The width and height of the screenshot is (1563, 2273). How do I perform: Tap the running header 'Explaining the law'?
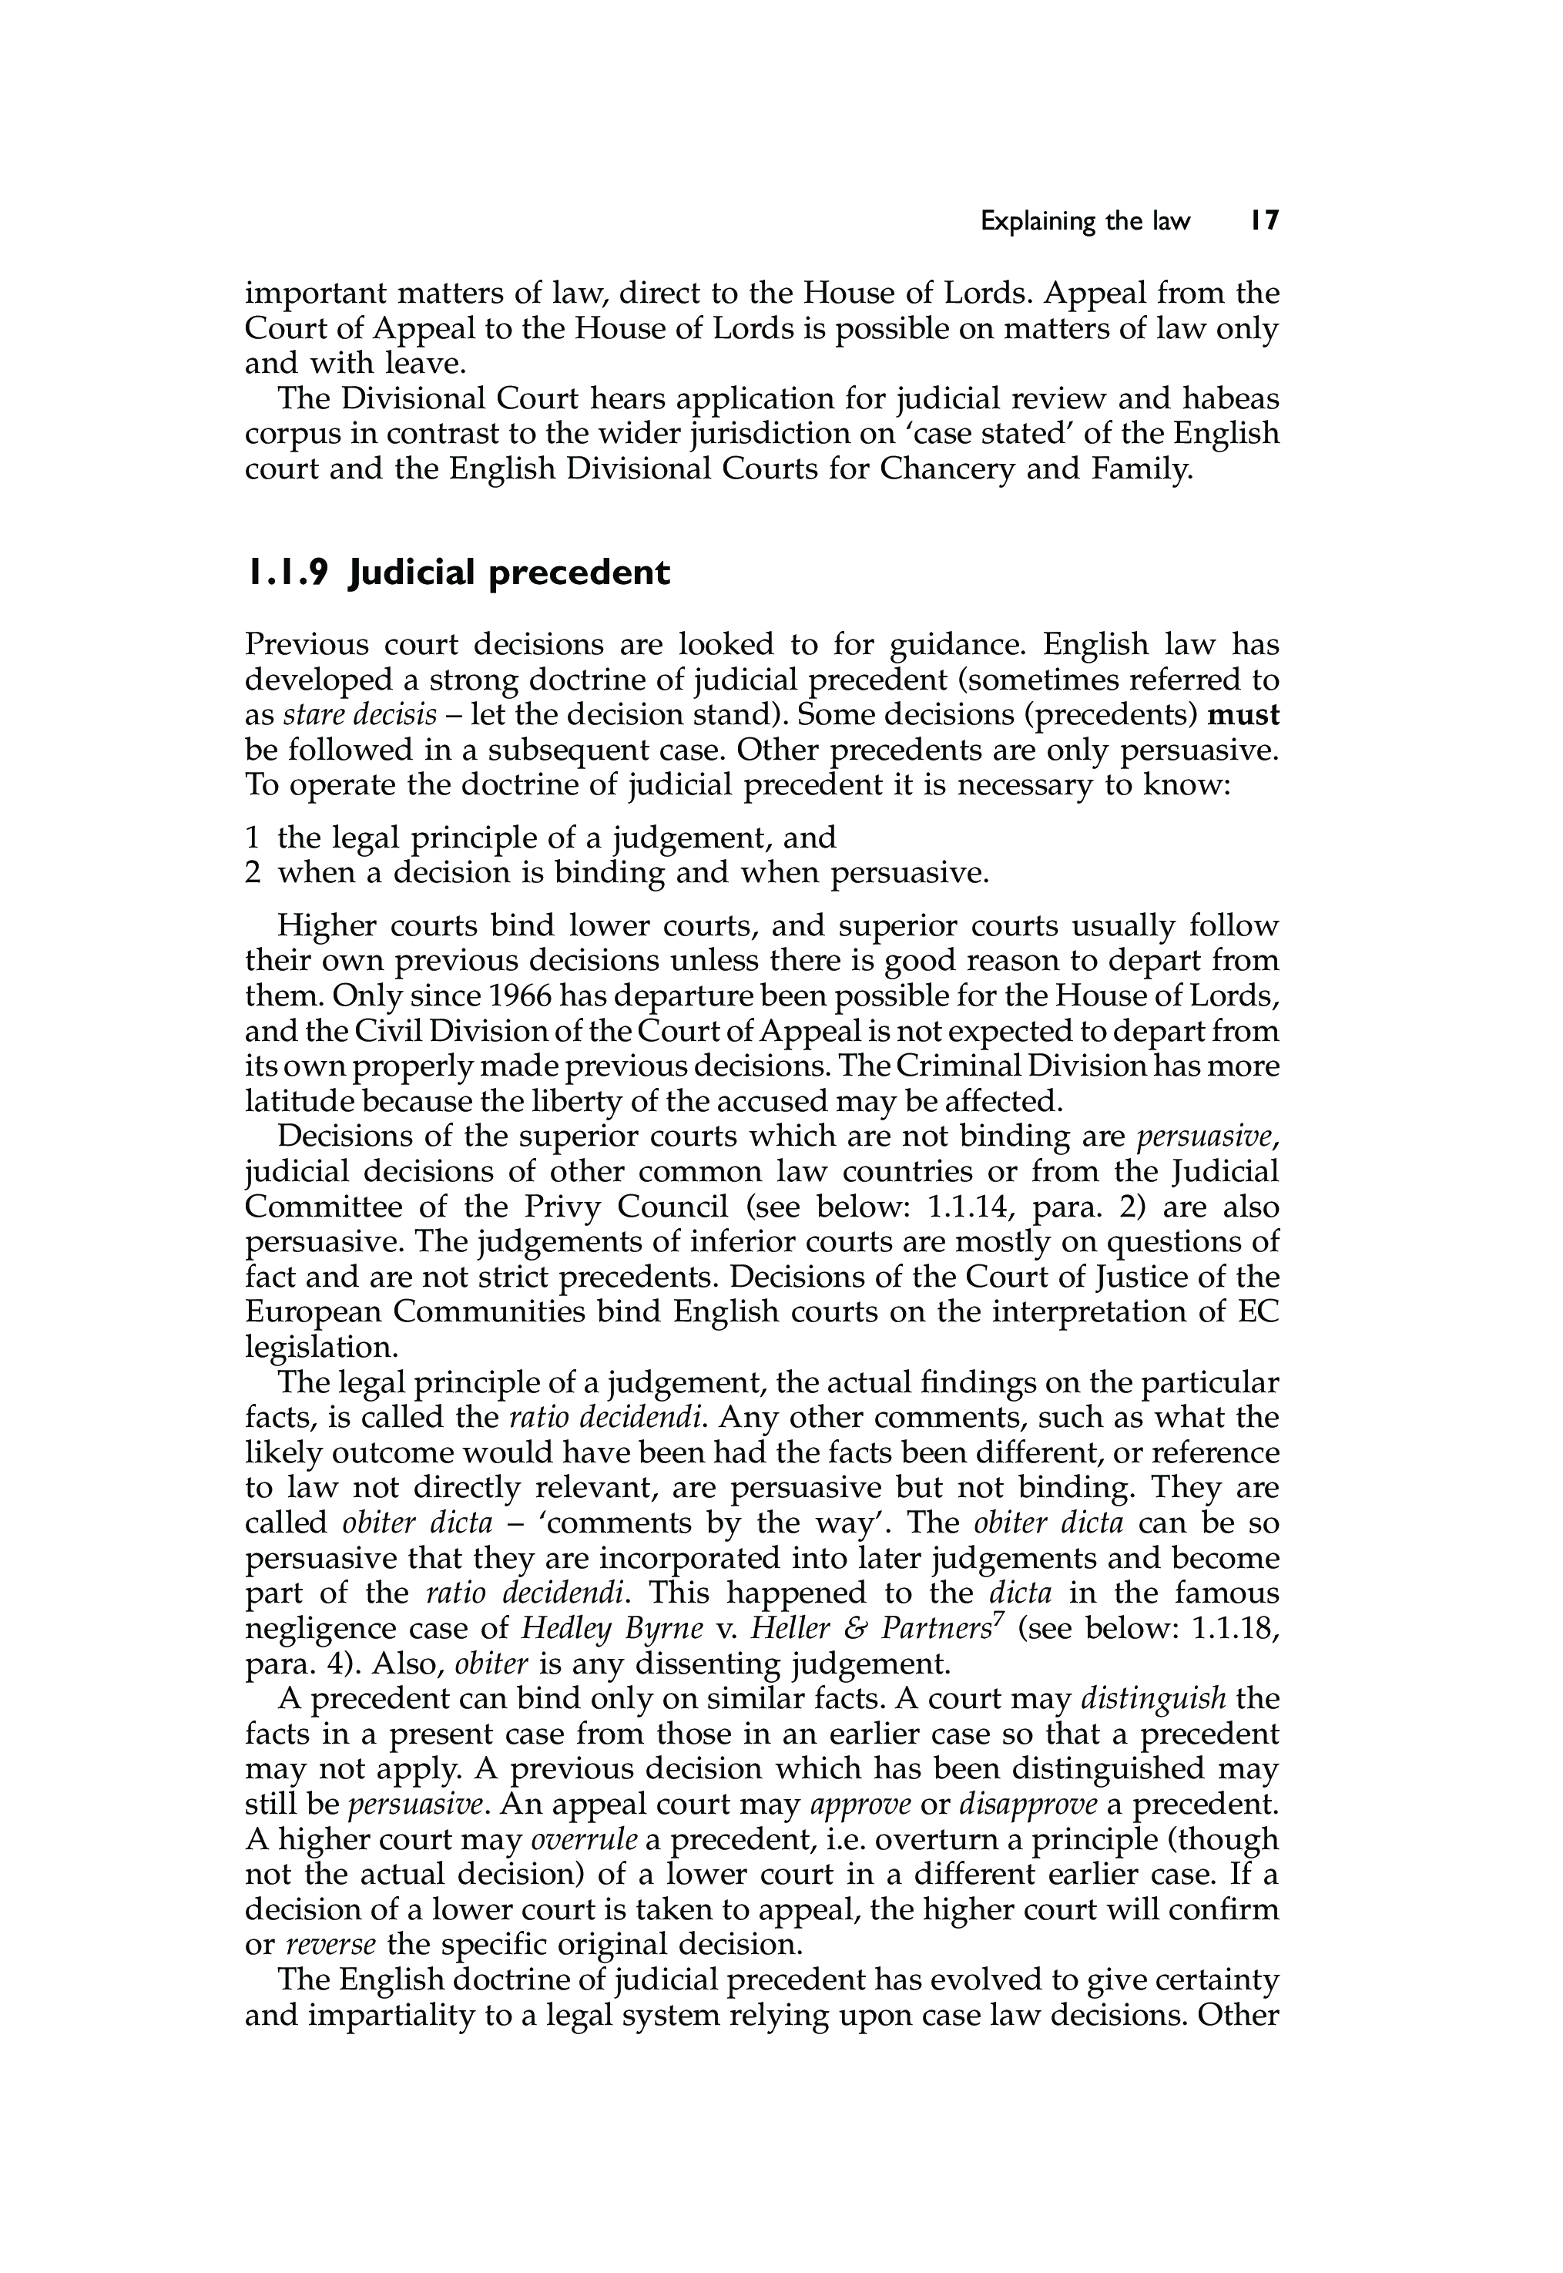[1085, 223]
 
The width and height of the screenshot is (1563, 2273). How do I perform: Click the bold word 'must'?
[1244, 715]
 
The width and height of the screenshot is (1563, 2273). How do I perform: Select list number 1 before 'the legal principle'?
[252, 838]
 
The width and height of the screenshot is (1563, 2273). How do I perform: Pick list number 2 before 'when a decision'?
[253, 872]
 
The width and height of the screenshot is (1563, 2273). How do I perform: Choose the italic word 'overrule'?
[584, 1839]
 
